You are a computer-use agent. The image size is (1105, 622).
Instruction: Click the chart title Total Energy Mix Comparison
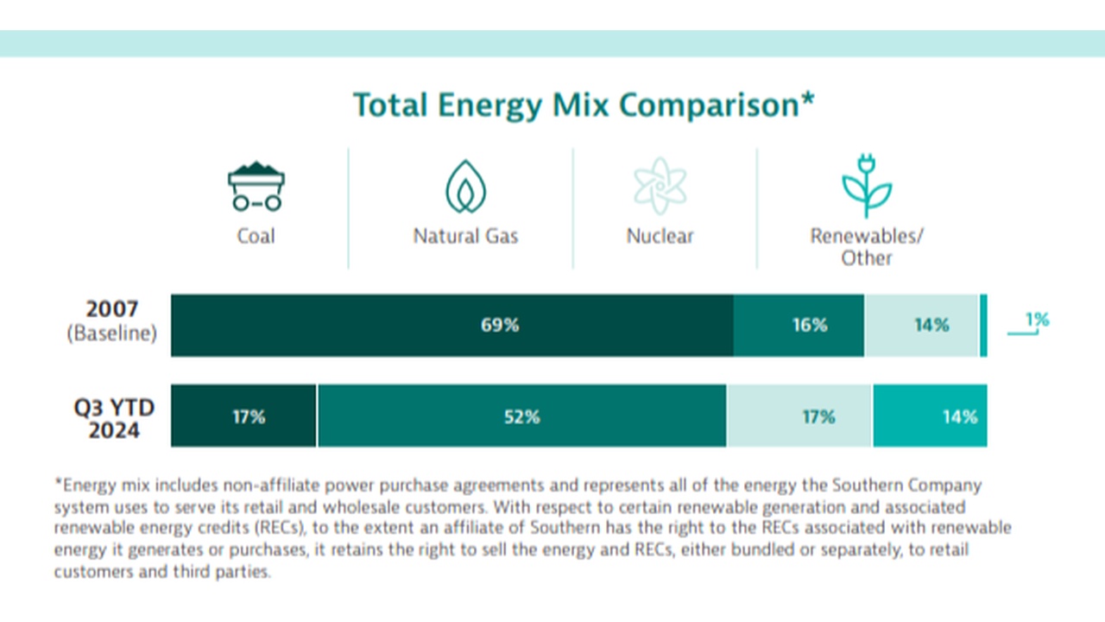pyautogui.click(x=584, y=105)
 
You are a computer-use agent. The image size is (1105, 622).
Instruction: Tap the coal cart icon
pyautogui.click(x=256, y=186)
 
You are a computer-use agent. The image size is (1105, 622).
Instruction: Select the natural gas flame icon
pyautogui.click(x=465, y=186)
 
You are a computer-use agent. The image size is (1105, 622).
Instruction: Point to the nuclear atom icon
pyautogui.click(x=660, y=185)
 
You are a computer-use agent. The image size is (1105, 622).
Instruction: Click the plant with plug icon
pyautogui.click(x=866, y=185)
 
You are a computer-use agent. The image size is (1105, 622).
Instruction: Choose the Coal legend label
pyautogui.click(x=256, y=236)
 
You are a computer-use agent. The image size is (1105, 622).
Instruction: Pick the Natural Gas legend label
pyautogui.click(x=465, y=236)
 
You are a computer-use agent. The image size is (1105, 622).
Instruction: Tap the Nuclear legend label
pyautogui.click(x=660, y=236)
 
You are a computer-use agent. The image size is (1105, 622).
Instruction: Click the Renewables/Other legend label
pyautogui.click(x=866, y=247)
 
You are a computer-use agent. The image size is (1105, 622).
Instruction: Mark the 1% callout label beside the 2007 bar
pyautogui.click(x=1037, y=321)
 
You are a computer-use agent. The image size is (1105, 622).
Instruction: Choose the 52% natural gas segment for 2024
pyautogui.click(x=521, y=416)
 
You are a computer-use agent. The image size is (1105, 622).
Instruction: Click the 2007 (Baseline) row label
pyautogui.click(x=112, y=322)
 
